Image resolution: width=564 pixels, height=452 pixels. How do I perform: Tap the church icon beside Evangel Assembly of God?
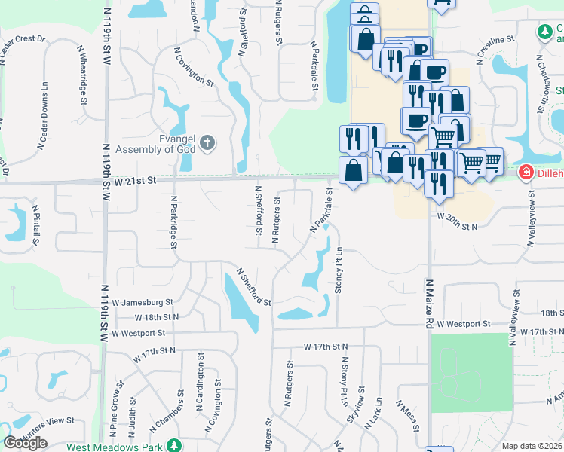point(209,142)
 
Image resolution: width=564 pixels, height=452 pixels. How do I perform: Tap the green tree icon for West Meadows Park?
point(174,446)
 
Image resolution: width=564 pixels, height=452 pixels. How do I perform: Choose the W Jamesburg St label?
point(143,302)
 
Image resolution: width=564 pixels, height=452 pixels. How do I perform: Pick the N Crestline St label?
point(494,47)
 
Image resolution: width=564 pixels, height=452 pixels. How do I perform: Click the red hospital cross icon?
point(525,174)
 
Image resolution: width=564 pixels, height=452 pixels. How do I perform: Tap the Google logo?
point(25,443)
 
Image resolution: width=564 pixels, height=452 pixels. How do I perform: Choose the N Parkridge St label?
point(174,222)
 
